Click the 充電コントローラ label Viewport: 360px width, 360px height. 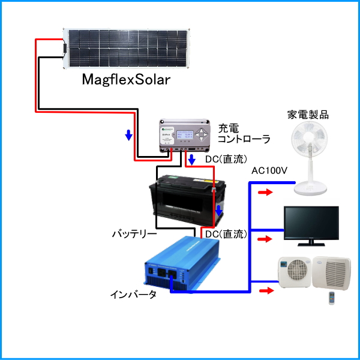pos(244,133)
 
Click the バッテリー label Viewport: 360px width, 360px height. pos(134,233)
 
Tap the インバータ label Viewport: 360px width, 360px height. pos(133,295)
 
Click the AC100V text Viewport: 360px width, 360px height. pos(270,171)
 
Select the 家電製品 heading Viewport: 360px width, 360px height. pos(308,113)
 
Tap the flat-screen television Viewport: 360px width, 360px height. pos(311,226)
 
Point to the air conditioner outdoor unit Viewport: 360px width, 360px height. pos(294,274)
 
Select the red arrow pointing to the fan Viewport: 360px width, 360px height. pos(265,193)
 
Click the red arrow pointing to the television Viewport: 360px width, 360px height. pos(265,239)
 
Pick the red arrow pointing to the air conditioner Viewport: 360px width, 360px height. pos(265,291)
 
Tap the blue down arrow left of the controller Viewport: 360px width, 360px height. pos(128,136)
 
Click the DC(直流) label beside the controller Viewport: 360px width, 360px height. pos(226,160)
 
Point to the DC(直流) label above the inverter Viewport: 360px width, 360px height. pos(226,233)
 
